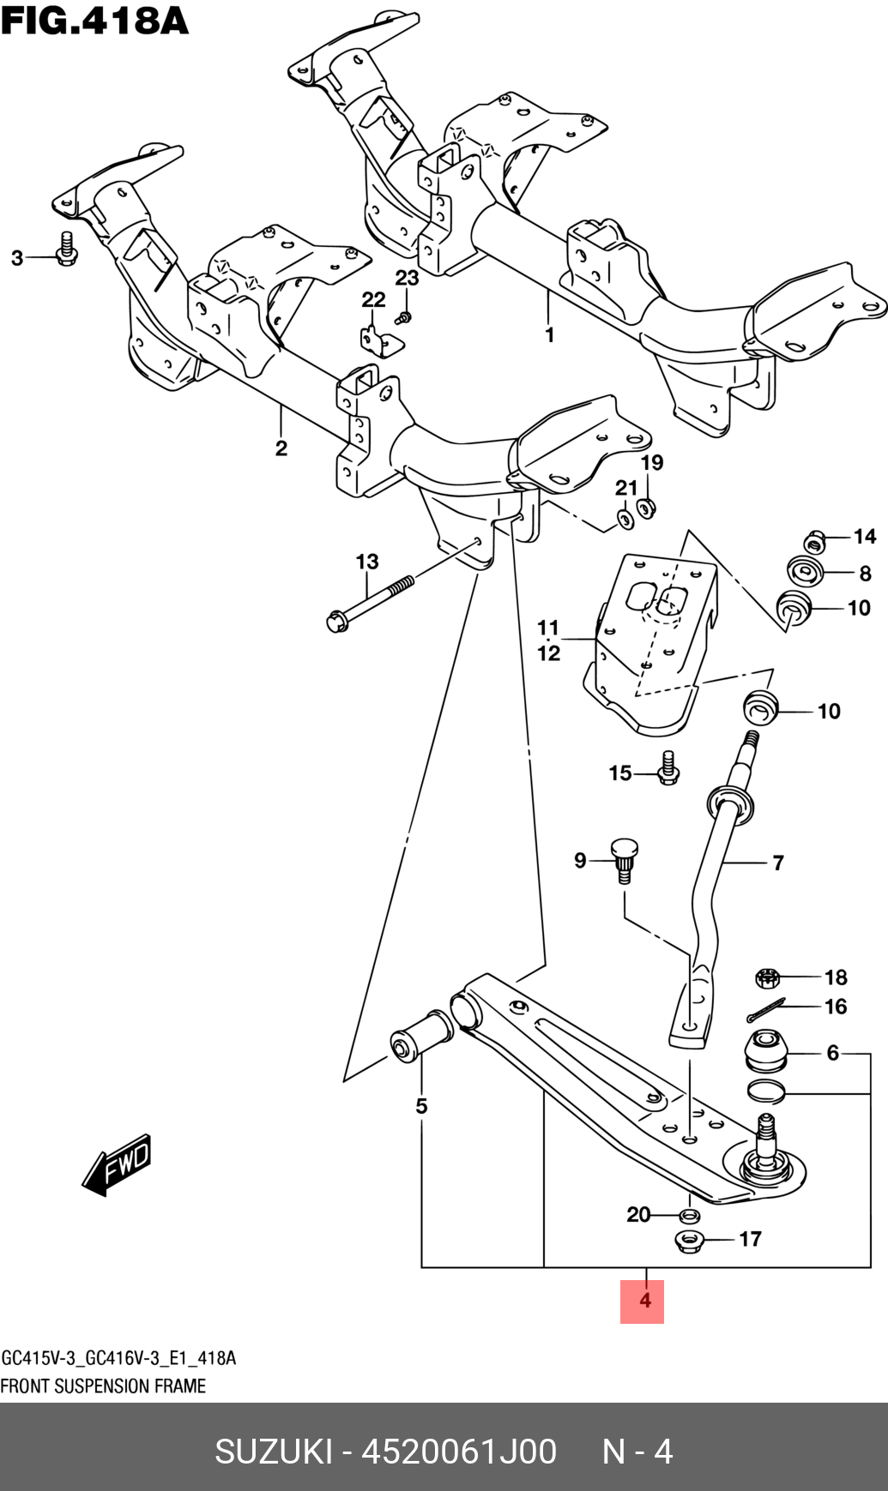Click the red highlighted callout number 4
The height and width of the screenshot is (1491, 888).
point(643,1301)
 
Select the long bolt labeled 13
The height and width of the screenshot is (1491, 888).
point(369,603)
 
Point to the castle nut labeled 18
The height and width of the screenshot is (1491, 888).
point(768,977)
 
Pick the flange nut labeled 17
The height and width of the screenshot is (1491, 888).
point(689,1240)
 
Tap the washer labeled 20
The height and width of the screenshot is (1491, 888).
point(688,1215)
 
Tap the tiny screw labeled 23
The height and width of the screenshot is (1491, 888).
point(405,317)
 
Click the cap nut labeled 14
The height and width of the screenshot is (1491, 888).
point(813,541)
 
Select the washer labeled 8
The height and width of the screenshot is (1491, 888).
point(805,572)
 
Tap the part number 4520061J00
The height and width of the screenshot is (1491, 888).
point(459,1452)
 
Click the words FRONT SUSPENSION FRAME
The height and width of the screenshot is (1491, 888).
point(103,1386)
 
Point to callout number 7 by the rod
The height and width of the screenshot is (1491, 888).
point(777,863)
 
